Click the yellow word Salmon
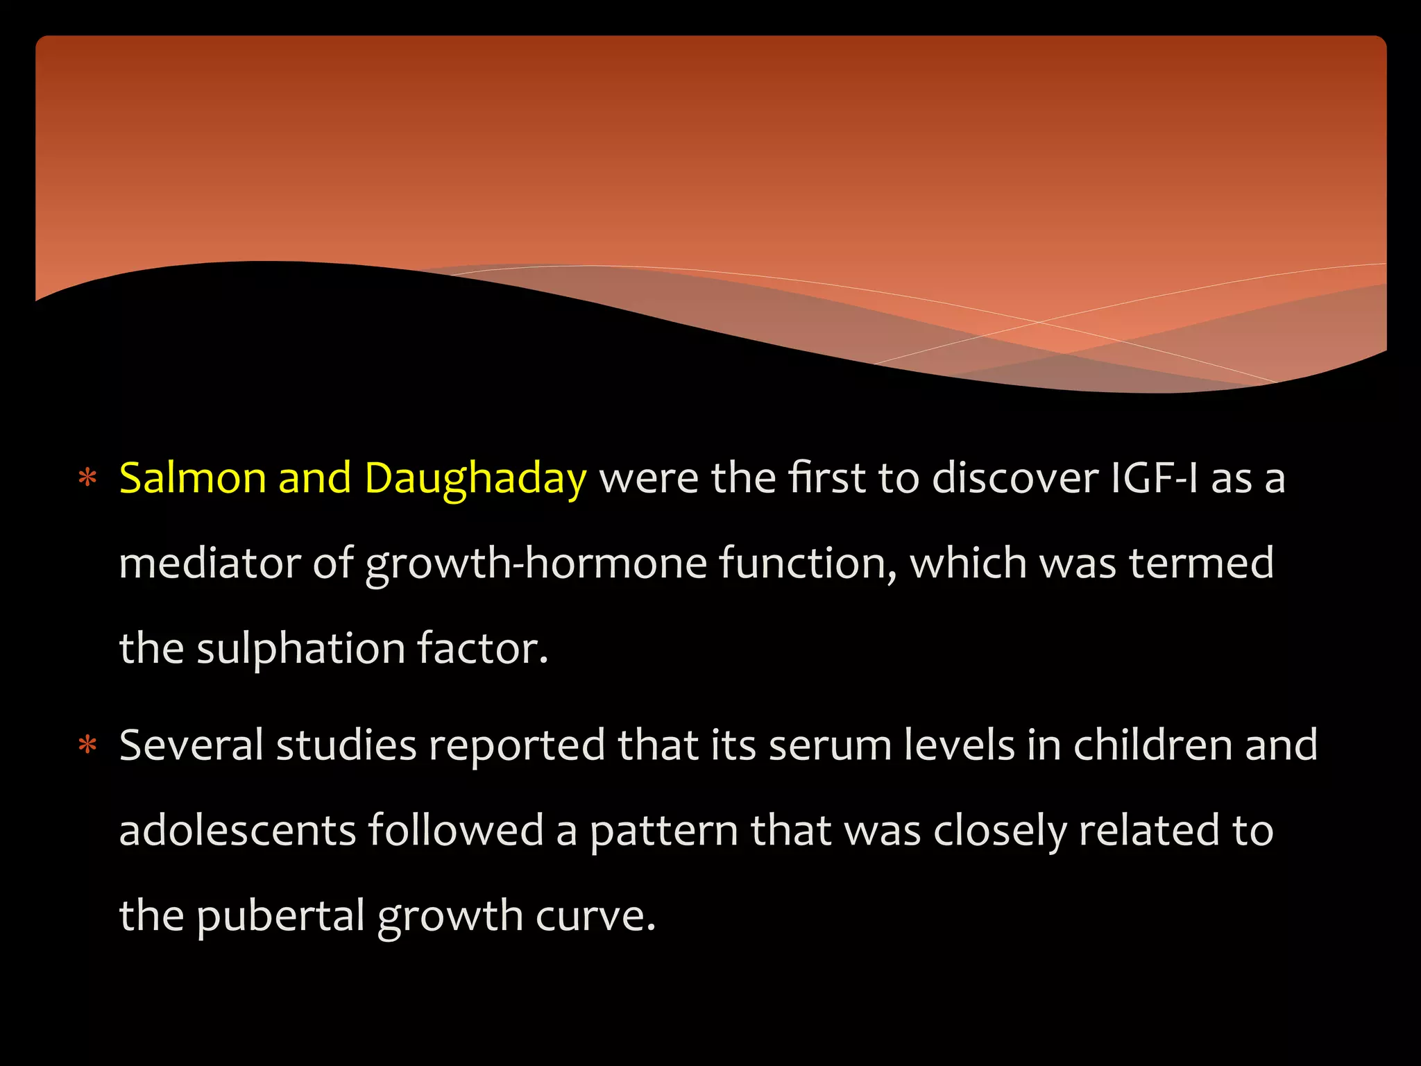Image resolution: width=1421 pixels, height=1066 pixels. tap(192, 478)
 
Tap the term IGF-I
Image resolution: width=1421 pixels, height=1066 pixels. tap(1154, 478)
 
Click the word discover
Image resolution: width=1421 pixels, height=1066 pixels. tap(1015, 478)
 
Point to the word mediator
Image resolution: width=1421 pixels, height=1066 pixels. tap(209, 563)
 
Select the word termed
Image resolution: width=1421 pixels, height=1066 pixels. tap(1201, 563)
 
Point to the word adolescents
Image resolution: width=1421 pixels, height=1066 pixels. tap(237, 830)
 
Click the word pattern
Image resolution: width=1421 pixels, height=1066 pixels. tap(664, 831)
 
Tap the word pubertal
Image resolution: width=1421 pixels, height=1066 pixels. tap(280, 916)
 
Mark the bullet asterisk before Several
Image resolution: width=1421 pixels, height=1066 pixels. tap(87, 745)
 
